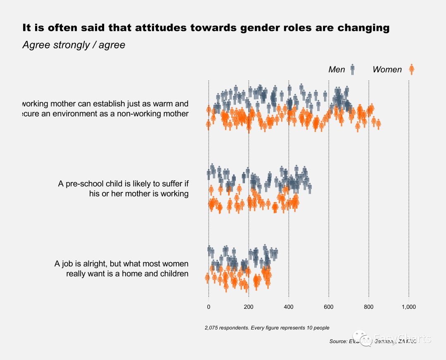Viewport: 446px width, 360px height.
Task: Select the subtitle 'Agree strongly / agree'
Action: click(x=74, y=45)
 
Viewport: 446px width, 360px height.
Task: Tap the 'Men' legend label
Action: click(x=337, y=69)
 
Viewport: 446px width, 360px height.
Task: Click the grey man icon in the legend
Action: click(x=352, y=69)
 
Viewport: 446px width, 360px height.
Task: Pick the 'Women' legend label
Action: click(x=387, y=69)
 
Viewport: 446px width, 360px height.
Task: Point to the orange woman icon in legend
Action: click(x=411, y=69)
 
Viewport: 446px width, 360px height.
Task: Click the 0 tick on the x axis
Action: click(x=209, y=307)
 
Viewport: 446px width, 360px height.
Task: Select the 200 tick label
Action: click(x=249, y=307)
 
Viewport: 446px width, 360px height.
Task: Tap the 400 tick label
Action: click(x=289, y=307)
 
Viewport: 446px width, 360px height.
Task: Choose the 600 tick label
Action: click(x=329, y=307)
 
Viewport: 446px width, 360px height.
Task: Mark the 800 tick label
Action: click(x=369, y=307)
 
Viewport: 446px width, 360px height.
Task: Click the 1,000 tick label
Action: click(x=408, y=307)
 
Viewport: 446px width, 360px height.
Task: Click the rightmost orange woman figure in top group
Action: click(x=378, y=123)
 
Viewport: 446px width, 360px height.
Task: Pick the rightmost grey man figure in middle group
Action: click(x=310, y=189)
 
